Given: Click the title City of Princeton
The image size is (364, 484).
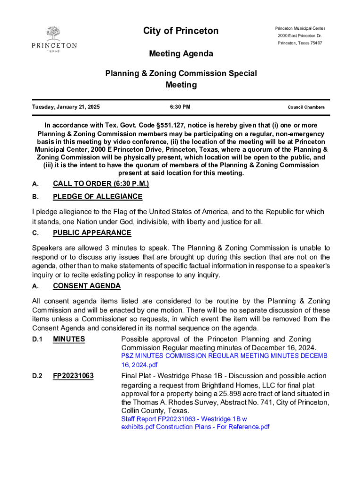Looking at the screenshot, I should (x=181, y=31).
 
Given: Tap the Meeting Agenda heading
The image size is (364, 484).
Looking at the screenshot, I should (x=181, y=54).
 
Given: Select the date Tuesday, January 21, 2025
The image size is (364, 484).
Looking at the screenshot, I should (x=66, y=107).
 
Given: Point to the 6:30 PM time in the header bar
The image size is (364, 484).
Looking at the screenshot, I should (x=181, y=107).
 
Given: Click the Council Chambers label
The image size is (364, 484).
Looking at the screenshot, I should (x=306, y=107).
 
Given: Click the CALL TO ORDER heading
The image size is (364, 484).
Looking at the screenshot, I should (x=101, y=184).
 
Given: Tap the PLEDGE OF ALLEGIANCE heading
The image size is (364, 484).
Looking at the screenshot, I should (x=97, y=197).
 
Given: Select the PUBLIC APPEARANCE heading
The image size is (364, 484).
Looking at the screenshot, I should (x=92, y=233).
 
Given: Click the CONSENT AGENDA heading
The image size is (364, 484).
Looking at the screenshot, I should (x=87, y=286).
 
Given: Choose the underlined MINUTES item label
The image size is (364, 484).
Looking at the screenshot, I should (x=69, y=339).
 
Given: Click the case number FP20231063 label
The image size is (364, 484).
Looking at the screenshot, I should (x=73, y=376).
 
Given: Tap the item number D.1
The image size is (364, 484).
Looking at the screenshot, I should (x=37, y=339).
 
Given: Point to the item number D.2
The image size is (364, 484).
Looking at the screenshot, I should (x=37, y=376).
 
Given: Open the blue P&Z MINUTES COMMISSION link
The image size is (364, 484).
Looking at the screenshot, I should (x=224, y=355).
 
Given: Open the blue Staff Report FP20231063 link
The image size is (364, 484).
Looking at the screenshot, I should (x=184, y=419).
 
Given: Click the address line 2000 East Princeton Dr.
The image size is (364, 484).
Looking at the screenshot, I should (x=300, y=36).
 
